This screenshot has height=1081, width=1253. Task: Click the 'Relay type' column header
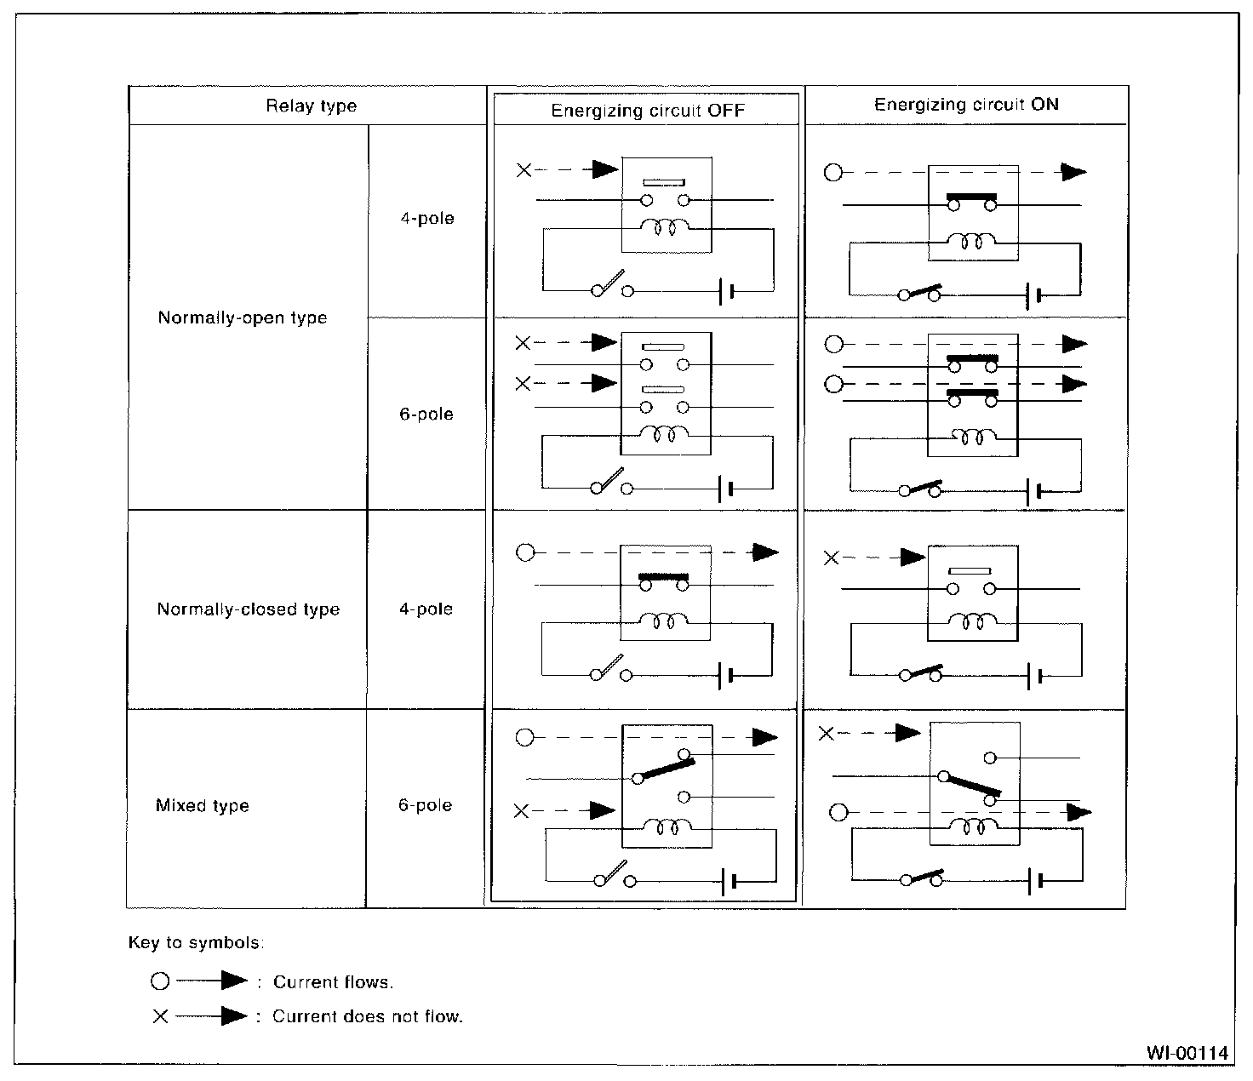(311, 106)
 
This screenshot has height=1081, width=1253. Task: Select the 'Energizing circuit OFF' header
(647, 111)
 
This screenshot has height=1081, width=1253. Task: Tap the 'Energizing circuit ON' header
(966, 105)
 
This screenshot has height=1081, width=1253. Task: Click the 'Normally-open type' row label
(243, 318)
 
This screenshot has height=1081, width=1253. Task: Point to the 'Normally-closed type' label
(248, 609)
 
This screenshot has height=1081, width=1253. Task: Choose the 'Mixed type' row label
(202, 805)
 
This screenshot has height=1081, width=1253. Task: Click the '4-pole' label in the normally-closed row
(426, 609)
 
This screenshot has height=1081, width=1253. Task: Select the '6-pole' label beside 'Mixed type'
(425, 805)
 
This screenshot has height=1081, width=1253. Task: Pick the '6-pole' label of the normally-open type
(426, 415)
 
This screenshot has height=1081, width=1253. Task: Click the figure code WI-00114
(1187, 1053)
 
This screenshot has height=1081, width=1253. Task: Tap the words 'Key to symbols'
(196, 942)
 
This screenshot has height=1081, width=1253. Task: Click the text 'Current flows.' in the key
(333, 982)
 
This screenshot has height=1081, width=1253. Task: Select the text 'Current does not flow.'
(367, 1016)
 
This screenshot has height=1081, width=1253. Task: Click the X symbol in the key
(160, 1016)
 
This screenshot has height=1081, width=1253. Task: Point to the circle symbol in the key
(160, 982)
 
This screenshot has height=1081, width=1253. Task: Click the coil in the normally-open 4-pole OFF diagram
(666, 227)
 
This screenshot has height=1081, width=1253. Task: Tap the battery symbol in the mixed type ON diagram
(1034, 881)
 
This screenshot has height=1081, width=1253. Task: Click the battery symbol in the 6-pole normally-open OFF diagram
(725, 489)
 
